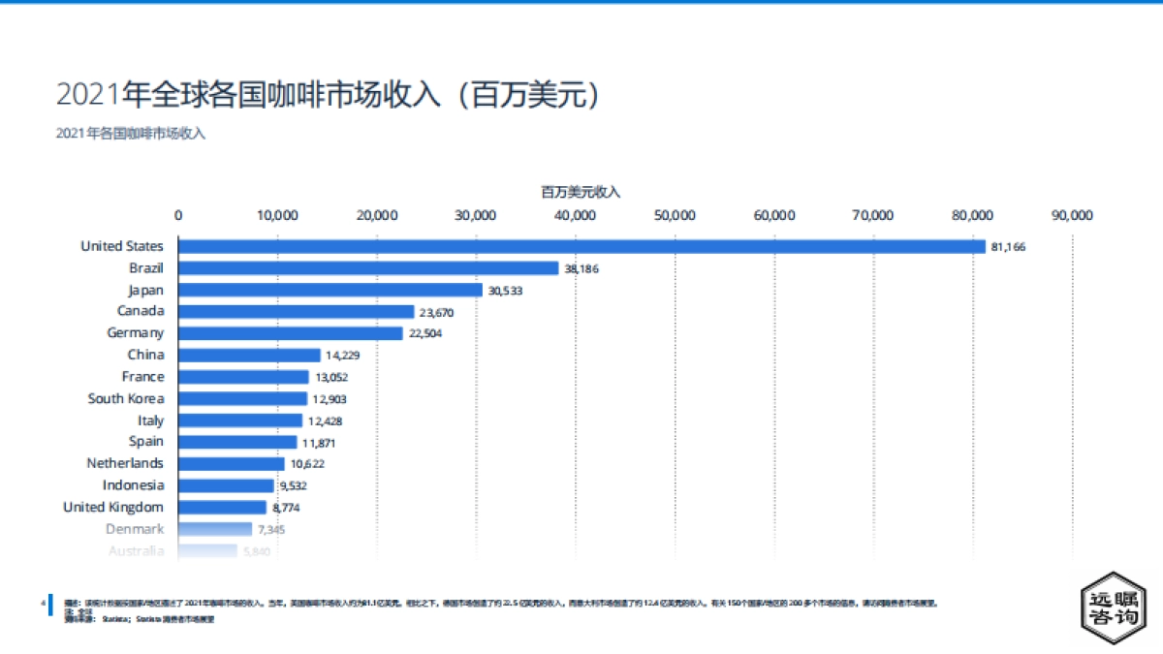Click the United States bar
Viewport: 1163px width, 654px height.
[581, 246]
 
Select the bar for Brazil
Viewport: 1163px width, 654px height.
[368, 268]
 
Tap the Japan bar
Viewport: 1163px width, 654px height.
[330, 290]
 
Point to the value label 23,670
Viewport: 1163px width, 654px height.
[437, 312]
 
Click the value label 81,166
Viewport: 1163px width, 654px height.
[1008, 247]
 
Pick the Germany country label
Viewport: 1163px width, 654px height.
[135, 333]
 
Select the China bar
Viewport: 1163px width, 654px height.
[249, 356]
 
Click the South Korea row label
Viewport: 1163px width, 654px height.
[126, 398]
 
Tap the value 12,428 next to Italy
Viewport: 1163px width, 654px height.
[326, 421]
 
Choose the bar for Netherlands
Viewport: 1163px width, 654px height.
[232, 464]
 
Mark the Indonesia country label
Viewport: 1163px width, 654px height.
[133, 485]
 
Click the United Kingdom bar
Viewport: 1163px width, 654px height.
[222, 508]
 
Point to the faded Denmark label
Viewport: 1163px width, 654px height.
[135, 529]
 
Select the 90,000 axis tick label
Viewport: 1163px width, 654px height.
[1072, 215]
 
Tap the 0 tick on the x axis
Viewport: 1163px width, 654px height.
[178, 215]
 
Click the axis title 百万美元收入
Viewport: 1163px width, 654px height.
[581, 192]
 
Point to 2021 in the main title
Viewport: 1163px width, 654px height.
[88, 95]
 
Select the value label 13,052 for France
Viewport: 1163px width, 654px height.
[331, 378]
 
